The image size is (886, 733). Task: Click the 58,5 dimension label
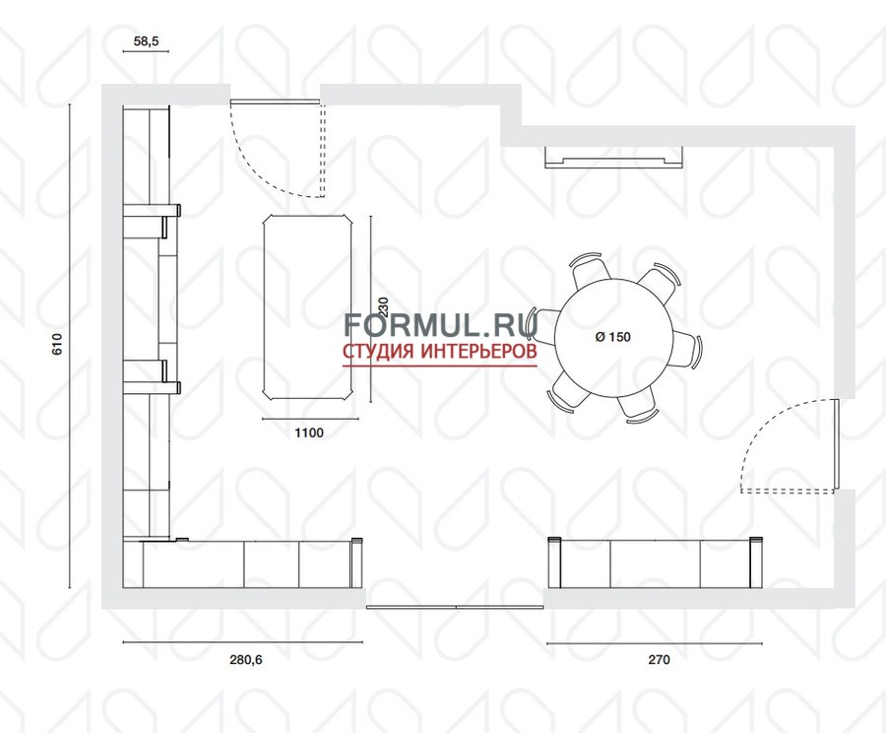pyautogui.click(x=146, y=40)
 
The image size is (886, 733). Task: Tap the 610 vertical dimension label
pyautogui.click(x=57, y=344)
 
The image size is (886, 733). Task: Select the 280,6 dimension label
pyautogui.click(x=246, y=659)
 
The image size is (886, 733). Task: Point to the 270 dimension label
pyautogui.click(x=659, y=659)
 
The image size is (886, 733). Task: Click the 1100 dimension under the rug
pyautogui.click(x=309, y=433)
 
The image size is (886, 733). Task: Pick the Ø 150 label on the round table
pyautogui.click(x=613, y=337)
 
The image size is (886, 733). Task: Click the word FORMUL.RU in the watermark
pyautogui.click(x=441, y=325)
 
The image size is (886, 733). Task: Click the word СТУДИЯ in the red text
pyautogui.click(x=379, y=351)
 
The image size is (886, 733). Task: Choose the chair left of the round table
pyautogui.click(x=542, y=324)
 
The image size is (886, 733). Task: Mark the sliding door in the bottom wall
pyautogui.click(x=455, y=607)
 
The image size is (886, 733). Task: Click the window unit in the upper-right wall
pyautogui.click(x=613, y=158)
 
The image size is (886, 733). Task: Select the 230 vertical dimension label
pyautogui.click(x=384, y=306)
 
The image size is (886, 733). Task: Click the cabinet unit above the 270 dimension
pyautogui.click(x=656, y=563)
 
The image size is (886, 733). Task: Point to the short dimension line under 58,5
pyautogui.click(x=146, y=52)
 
